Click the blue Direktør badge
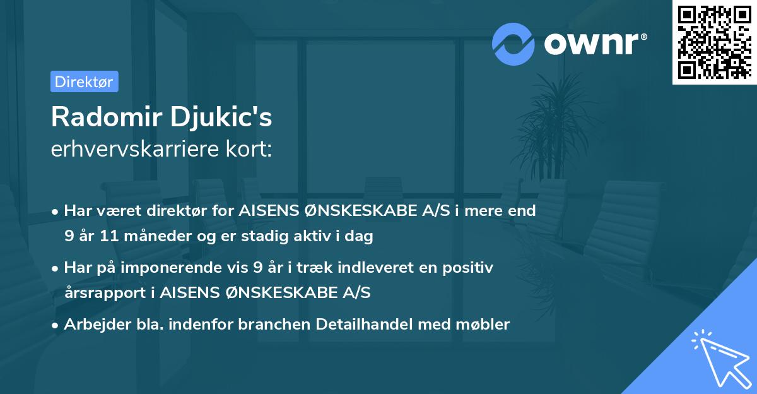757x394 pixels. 85,81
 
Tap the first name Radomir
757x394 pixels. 107,117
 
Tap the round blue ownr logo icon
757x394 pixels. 513,44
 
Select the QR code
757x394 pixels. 715,42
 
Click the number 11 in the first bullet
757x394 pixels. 109,236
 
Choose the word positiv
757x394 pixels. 467,268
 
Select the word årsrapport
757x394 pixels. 105,293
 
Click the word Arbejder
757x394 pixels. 97,324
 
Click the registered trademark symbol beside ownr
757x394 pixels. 644,37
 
